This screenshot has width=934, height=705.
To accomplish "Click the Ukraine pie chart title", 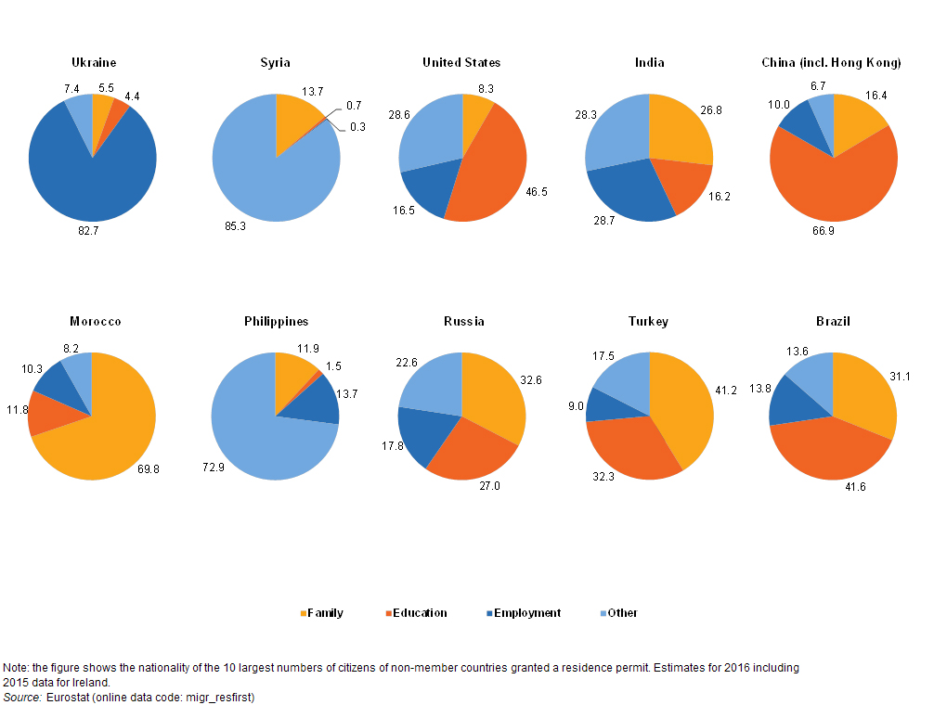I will pyautogui.click(x=94, y=63).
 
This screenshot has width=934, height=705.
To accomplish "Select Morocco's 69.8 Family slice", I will pyautogui.click(x=107, y=441).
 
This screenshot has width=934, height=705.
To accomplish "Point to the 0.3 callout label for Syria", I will pyautogui.click(x=357, y=127).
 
